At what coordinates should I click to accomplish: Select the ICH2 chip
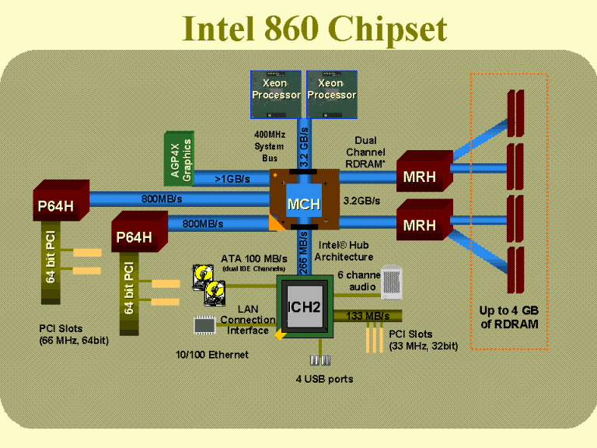(305, 306)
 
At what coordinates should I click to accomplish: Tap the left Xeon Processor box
(276, 94)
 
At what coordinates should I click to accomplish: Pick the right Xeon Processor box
(332, 94)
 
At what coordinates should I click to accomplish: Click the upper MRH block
(424, 171)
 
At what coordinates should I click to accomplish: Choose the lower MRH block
(424, 220)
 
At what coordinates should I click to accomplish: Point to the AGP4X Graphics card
(179, 159)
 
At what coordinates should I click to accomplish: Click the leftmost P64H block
(61, 201)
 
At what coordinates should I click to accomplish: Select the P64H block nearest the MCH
(139, 232)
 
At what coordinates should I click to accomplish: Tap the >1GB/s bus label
(232, 179)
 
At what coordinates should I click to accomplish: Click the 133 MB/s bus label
(368, 316)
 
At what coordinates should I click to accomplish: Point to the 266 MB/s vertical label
(303, 252)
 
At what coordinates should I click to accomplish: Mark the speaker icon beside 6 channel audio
(392, 282)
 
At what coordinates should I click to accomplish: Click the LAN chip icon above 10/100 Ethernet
(204, 325)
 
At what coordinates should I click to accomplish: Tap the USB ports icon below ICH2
(319, 360)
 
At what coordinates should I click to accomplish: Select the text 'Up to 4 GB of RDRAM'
(509, 317)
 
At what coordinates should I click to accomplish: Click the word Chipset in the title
(387, 29)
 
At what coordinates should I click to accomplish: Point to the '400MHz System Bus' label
(270, 146)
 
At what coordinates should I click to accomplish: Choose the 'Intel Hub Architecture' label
(344, 251)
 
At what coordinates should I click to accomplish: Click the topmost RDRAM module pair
(516, 114)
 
